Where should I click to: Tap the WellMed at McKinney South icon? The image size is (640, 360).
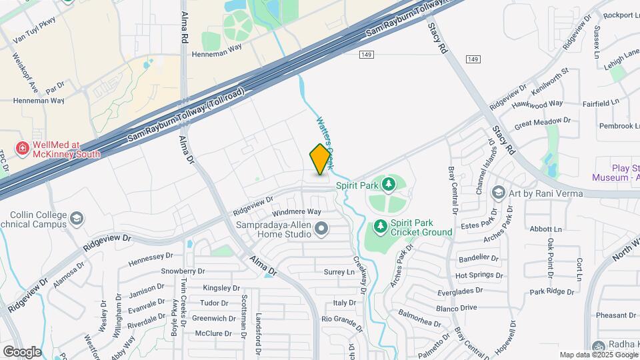coord(23,148)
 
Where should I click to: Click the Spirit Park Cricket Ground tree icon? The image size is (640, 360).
coord(381,227)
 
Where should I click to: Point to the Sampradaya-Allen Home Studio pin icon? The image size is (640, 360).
coord(322,230)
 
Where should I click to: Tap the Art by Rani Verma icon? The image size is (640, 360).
coord(498,193)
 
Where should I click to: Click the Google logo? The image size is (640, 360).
coord(22,351)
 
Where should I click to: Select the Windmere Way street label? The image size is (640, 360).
coord(297,212)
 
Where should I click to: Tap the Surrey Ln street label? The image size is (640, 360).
coord(339,272)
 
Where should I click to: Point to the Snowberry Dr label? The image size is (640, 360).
coord(183,271)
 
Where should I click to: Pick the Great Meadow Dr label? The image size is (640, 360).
coord(543,122)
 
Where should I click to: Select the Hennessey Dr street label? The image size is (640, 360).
coord(151,256)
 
